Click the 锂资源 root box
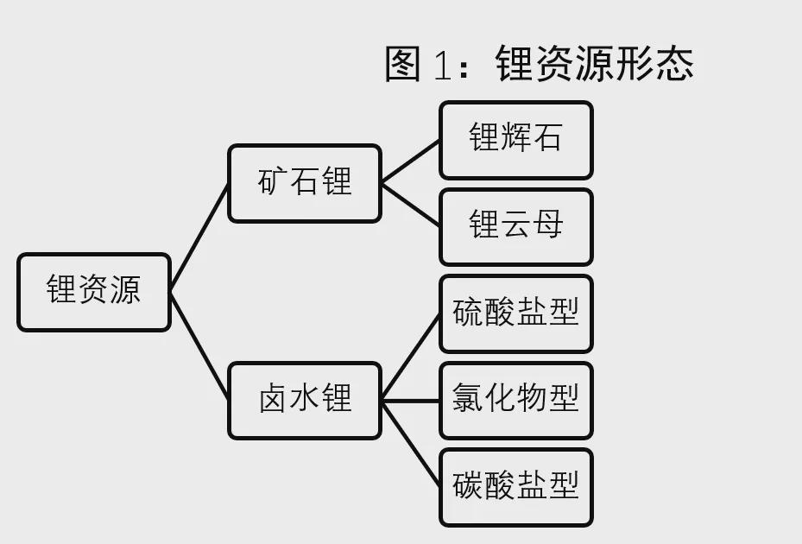[94, 292]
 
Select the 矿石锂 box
[305, 183]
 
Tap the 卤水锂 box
[305, 401]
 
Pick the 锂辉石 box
[516, 140]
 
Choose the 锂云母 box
[516, 227]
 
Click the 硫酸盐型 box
[516, 313]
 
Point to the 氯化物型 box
[516, 401]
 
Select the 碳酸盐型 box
[516, 487]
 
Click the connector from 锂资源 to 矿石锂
[199, 238]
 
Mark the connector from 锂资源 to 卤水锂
[199, 346]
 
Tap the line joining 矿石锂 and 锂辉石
[411, 161]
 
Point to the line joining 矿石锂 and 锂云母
[411, 205]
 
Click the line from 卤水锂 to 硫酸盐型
[411, 357]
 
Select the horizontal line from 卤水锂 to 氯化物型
[411, 401]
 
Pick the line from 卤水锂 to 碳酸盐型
[411, 444]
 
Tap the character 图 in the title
[402, 63]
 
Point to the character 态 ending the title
[675, 63]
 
